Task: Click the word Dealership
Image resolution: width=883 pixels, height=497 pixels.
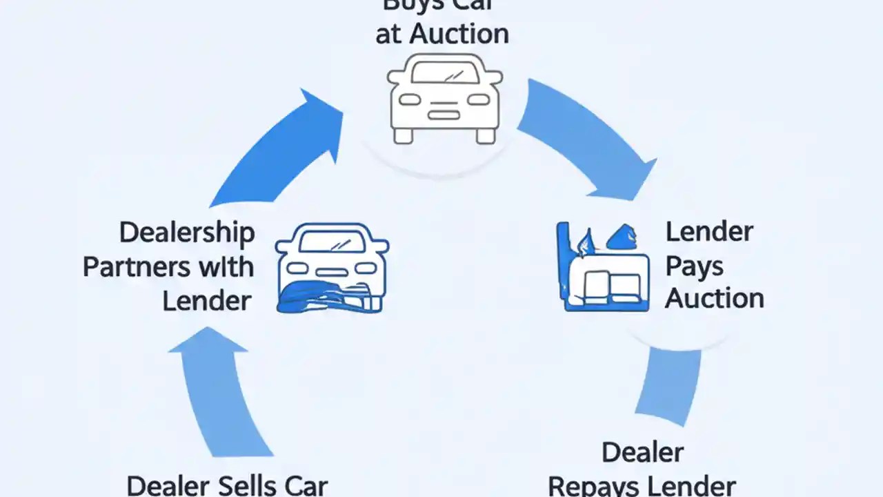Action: pyautogui.click(x=186, y=233)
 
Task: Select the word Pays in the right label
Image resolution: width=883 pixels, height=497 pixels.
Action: pyautogui.click(x=695, y=266)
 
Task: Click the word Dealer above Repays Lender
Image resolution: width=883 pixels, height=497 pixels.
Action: pyautogui.click(x=642, y=453)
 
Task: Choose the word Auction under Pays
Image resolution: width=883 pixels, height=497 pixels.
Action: pyautogui.click(x=715, y=298)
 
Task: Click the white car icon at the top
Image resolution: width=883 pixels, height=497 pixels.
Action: pyautogui.click(x=444, y=99)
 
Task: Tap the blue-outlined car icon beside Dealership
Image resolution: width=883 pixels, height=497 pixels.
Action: pyautogui.click(x=332, y=267)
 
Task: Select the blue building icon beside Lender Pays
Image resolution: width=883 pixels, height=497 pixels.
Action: pyautogui.click(x=602, y=269)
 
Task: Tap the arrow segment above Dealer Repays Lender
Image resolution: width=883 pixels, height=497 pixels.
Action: pyautogui.click(x=666, y=387)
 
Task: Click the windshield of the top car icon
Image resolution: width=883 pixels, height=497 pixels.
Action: pyautogui.click(x=445, y=72)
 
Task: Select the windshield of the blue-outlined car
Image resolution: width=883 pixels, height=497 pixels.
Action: pyautogui.click(x=333, y=241)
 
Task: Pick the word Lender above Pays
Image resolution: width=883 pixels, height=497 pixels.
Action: pyautogui.click(x=708, y=232)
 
